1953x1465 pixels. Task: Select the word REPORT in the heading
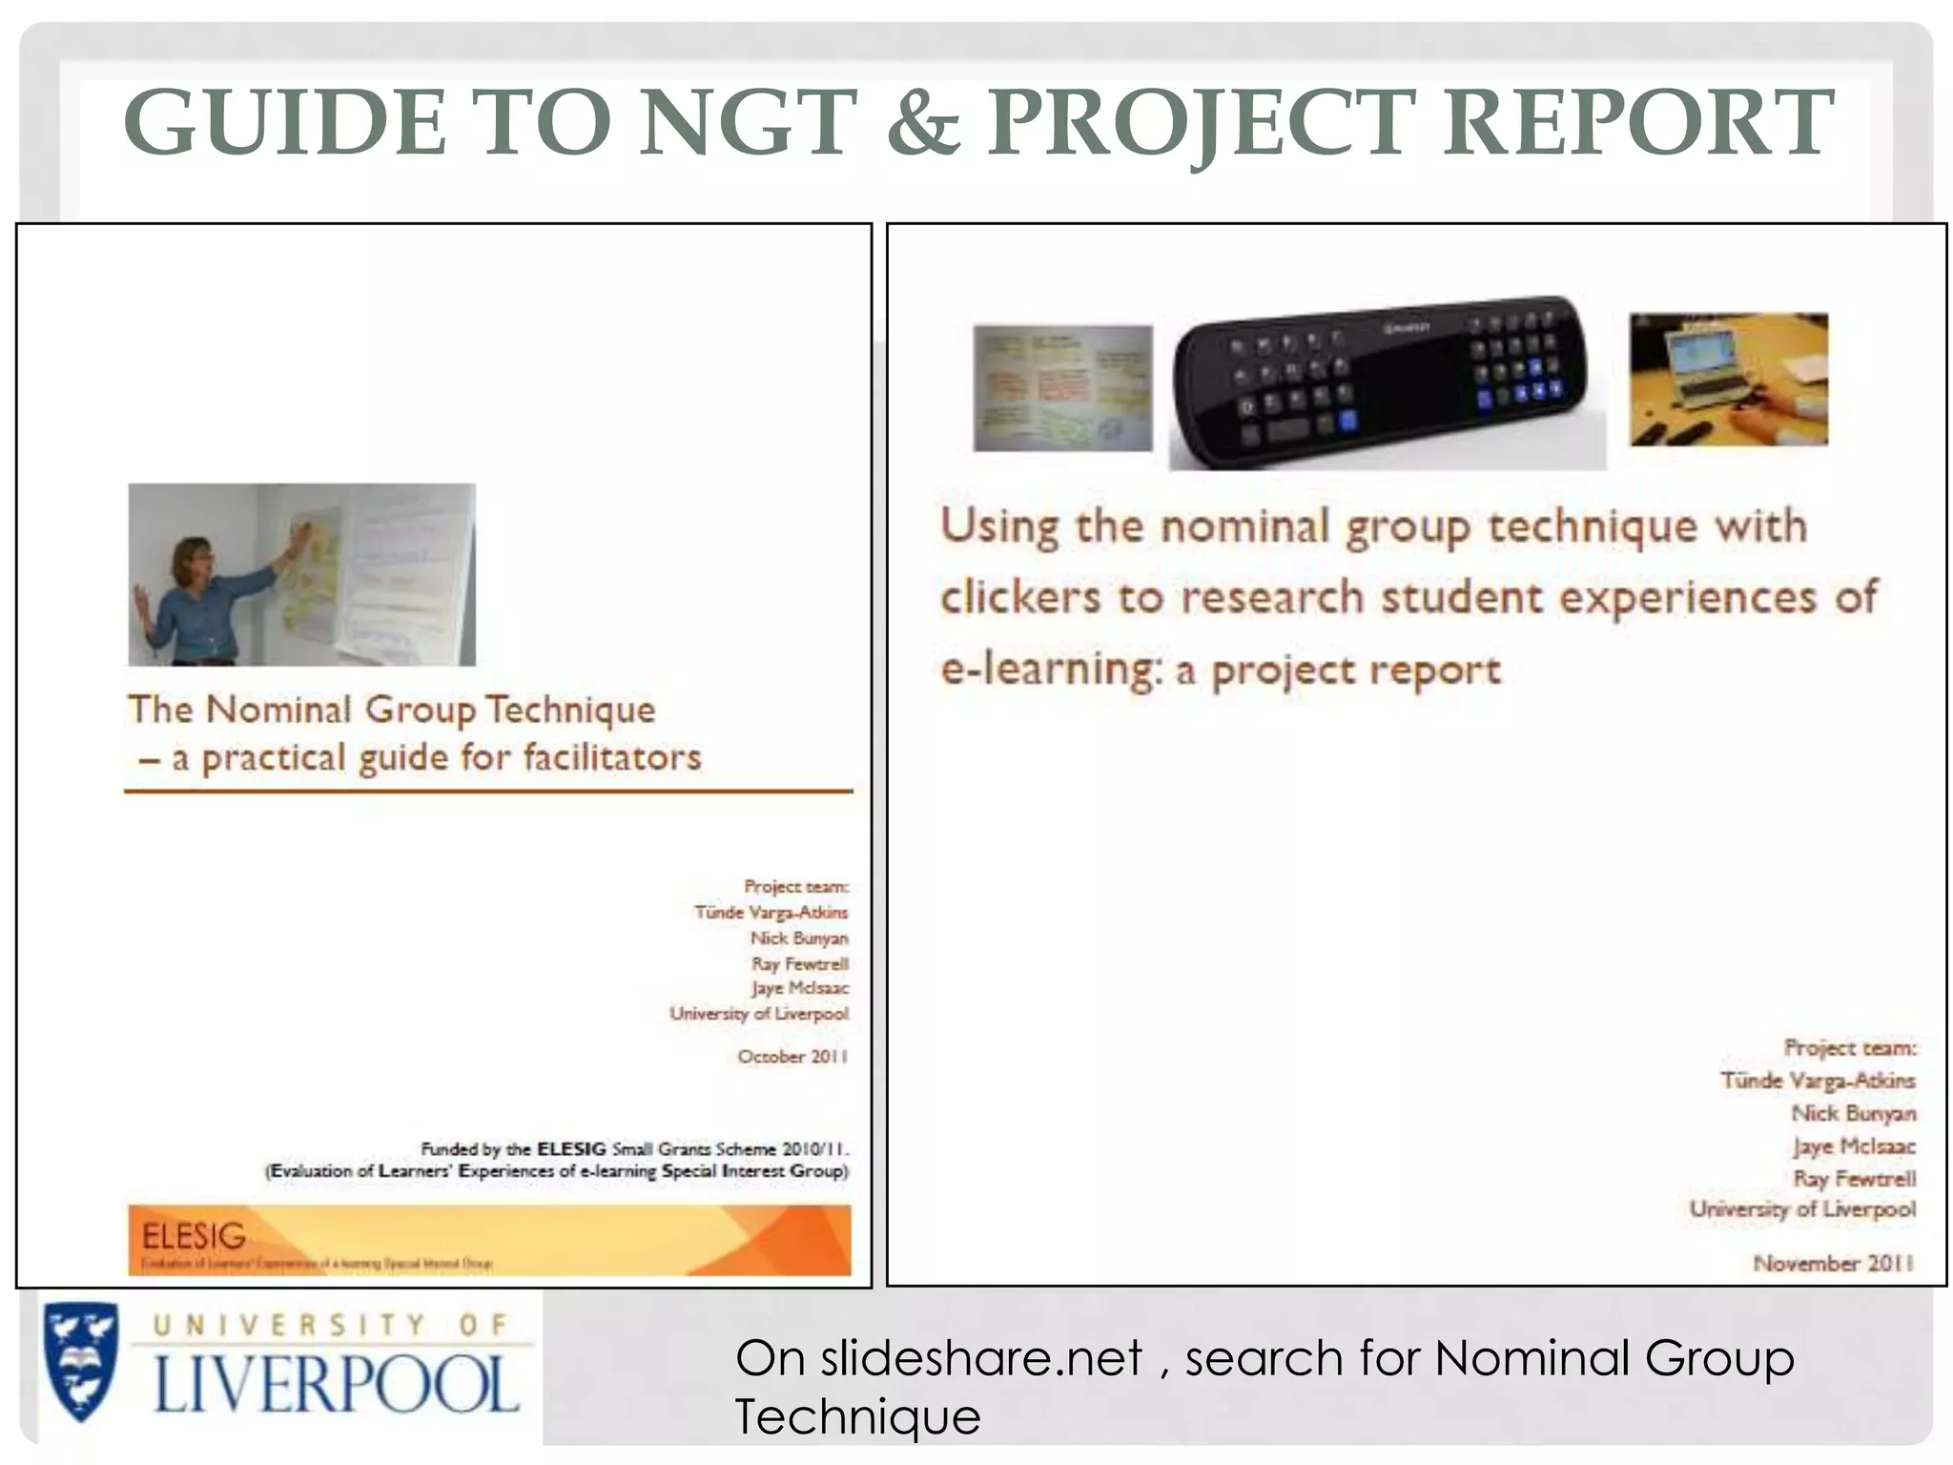pyautogui.click(x=1637, y=122)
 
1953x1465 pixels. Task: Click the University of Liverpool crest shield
pyautogui.click(x=82, y=1361)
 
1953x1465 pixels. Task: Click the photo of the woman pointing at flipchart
pyautogui.click(x=301, y=574)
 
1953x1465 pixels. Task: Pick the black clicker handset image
pyautogui.click(x=1387, y=382)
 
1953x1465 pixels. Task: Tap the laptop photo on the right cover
pyautogui.click(x=1728, y=379)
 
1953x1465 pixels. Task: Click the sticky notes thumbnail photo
pyautogui.click(x=1062, y=387)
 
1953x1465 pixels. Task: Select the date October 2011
pyautogui.click(x=791, y=1057)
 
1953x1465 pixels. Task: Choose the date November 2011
pyautogui.click(x=1833, y=1263)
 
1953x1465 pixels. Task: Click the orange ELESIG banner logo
pyautogui.click(x=489, y=1240)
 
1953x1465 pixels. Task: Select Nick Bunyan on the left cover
pyautogui.click(x=798, y=939)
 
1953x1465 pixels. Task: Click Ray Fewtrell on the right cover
pyautogui.click(x=1854, y=1179)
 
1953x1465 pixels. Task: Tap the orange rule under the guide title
pyautogui.click(x=488, y=791)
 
